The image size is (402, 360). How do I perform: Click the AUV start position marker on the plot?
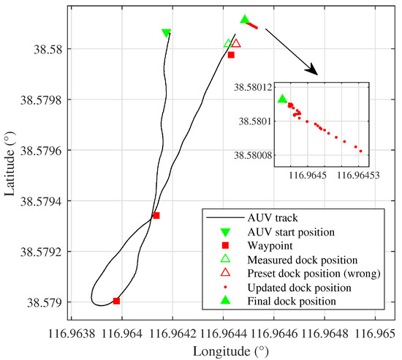click(x=166, y=32)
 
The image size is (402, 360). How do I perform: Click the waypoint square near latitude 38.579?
click(x=117, y=301)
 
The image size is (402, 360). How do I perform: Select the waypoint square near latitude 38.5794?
click(x=156, y=215)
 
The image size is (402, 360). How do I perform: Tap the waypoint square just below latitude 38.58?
click(x=231, y=55)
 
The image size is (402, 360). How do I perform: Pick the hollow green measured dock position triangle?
click(x=228, y=43)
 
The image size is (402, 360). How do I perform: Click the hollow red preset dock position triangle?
click(x=236, y=43)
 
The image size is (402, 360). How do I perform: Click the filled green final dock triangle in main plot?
click(x=245, y=19)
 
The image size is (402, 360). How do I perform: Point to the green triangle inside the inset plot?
click(x=282, y=99)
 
